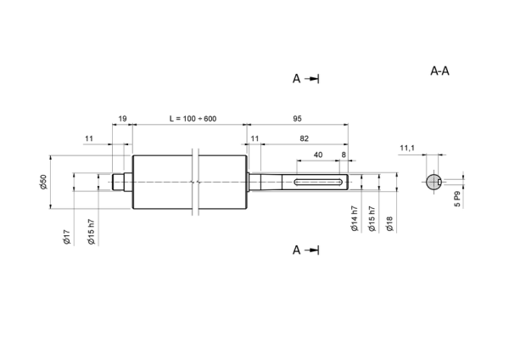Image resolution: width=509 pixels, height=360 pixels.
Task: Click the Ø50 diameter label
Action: click(x=43, y=182)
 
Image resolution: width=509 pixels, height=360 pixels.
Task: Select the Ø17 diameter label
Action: click(x=66, y=237)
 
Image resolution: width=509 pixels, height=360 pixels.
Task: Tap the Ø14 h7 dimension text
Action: click(x=355, y=219)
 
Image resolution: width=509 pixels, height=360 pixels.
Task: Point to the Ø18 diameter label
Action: click(x=389, y=224)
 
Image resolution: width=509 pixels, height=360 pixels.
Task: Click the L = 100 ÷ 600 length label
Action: click(x=193, y=119)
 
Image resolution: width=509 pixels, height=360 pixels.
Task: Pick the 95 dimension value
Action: click(x=297, y=119)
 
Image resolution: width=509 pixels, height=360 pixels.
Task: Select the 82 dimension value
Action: click(x=304, y=138)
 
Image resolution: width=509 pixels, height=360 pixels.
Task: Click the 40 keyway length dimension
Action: click(x=318, y=155)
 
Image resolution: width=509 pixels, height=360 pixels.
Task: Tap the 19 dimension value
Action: click(x=122, y=119)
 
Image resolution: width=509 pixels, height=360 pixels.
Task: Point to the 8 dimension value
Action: click(x=344, y=155)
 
